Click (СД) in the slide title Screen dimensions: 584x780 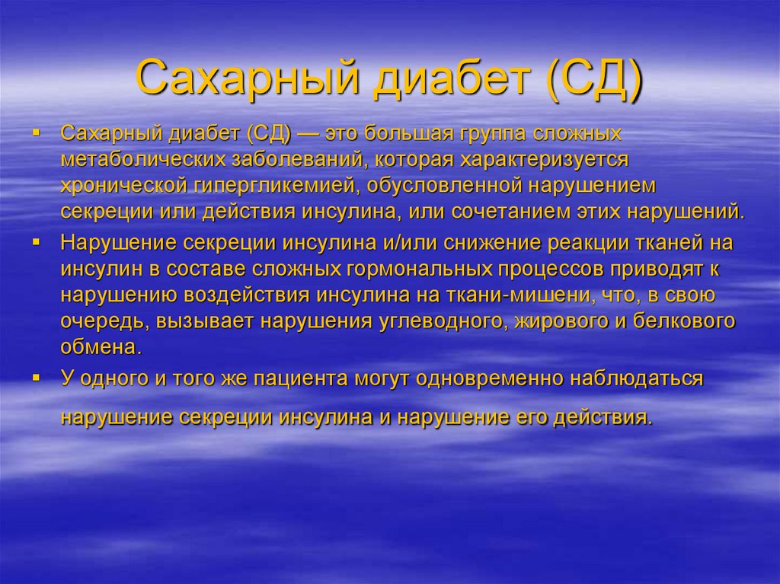591,81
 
